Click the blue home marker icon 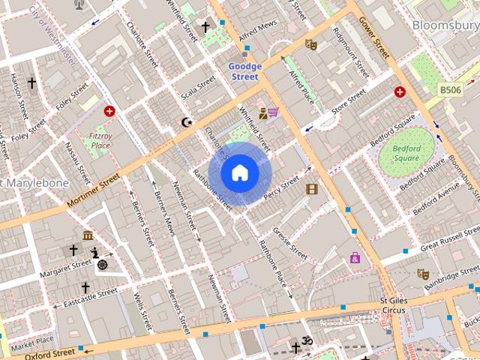point(240,173)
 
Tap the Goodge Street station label point(244,71)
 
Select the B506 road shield point(450,90)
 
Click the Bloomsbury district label point(445,25)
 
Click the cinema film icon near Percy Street point(312,189)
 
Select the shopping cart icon point(274,112)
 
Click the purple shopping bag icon point(355,258)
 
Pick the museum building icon point(88,235)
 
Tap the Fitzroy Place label point(100,140)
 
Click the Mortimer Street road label point(93,191)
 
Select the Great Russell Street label point(449,243)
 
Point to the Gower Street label point(373,37)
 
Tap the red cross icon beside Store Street point(400,92)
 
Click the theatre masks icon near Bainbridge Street point(423,274)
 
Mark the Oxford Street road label point(53,352)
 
